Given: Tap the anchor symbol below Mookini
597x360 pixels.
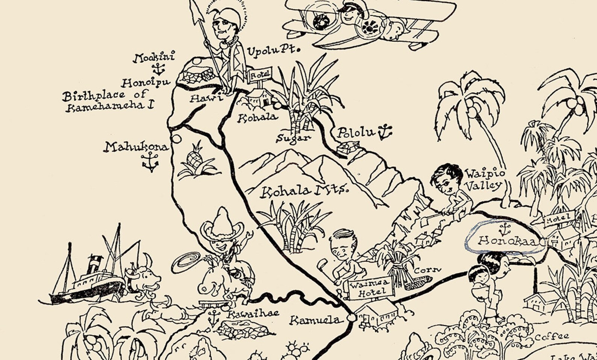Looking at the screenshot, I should point(158,69).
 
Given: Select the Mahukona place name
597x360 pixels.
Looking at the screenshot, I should point(136,147).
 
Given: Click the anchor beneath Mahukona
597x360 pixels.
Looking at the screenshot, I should point(150,162).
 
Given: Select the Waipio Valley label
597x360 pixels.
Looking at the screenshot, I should point(483,179).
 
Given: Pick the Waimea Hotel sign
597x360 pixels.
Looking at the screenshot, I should point(370,288).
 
